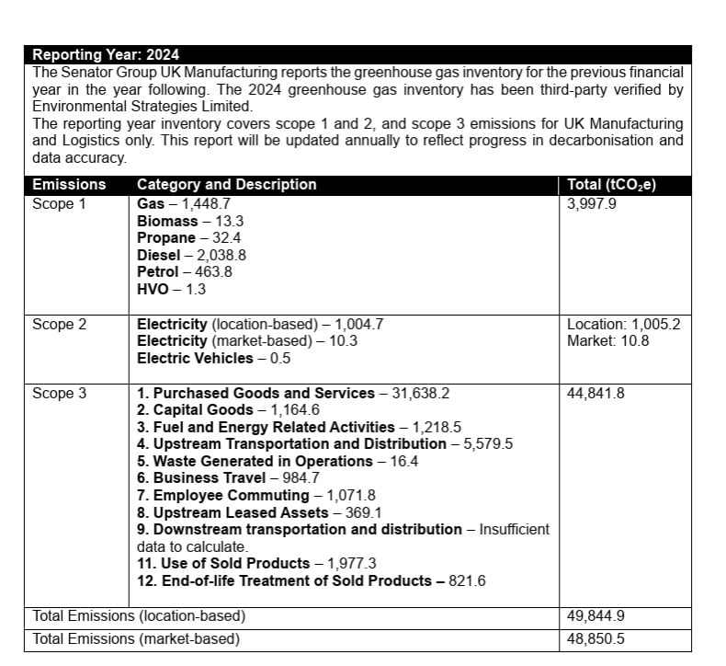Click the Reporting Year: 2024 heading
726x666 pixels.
106,55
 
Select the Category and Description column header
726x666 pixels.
226,185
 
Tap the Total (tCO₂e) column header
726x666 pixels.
611,185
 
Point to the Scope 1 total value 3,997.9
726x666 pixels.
593,203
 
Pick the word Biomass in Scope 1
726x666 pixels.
167,221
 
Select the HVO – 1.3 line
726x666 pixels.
171,289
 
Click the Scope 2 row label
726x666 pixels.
59,324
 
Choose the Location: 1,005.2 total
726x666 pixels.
623,324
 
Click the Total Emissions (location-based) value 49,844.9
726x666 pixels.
596,616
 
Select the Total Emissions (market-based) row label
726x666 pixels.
136,638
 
